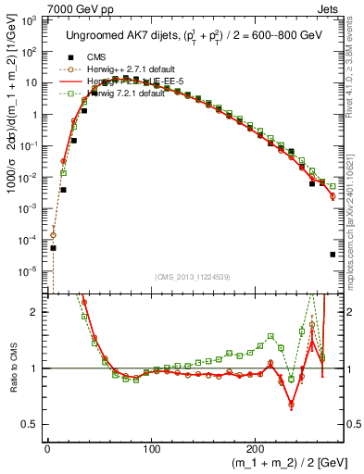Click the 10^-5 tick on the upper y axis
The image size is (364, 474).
(x=31, y=271)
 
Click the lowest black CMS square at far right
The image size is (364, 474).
(x=332, y=255)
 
